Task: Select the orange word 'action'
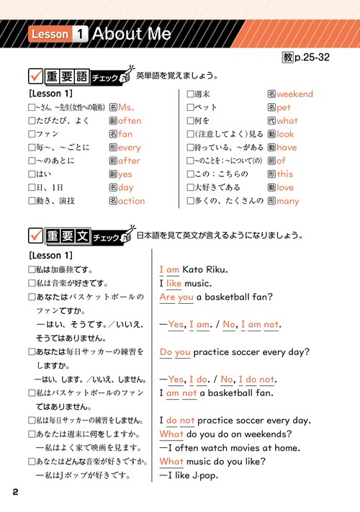tap(132, 201)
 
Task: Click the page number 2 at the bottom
tap(15, 492)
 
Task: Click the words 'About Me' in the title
tap(132, 33)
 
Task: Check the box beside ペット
tap(191, 108)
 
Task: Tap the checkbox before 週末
tap(191, 94)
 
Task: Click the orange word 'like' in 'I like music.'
tap(174, 284)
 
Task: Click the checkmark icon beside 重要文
tap(35, 235)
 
